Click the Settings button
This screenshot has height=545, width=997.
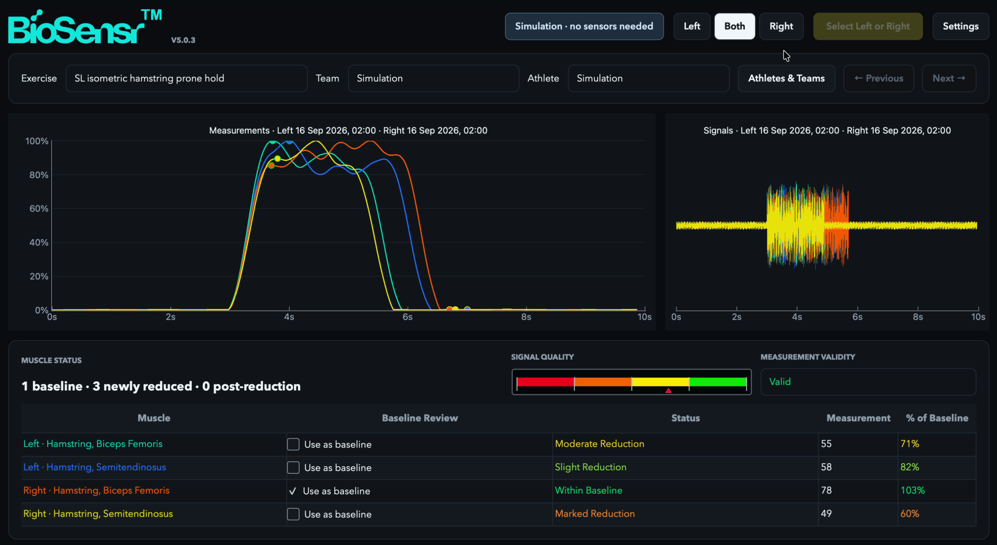(x=960, y=26)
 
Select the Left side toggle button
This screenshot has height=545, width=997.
(x=692, y=26)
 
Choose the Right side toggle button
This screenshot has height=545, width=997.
(x=781, y=26)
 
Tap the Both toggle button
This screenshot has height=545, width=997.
(x=735, y=26)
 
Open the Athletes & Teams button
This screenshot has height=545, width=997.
(x=786, y=78)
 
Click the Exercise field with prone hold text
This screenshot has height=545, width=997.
(x=186, y=78)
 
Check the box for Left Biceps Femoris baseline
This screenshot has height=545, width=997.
(x=293, y=444)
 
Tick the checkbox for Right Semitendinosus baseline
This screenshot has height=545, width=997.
(x=293, y=514)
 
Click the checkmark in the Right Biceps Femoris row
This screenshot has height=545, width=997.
(x=292, y=491)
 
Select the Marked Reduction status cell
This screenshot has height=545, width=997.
(x=595, y=513)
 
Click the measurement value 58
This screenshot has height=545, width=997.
(x=826, y=467)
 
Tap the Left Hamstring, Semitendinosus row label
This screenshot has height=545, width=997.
(x=95, y=467)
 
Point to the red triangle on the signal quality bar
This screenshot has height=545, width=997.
(x=668, y=391)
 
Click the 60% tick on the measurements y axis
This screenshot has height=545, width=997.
(x=39, y=209)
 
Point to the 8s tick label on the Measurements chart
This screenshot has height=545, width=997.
(x=526, y=317)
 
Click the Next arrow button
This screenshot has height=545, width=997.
(x=949, y=78)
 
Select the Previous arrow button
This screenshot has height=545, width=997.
(x=879, y=78)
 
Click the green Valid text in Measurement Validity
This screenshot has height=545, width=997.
(x=780, y=382)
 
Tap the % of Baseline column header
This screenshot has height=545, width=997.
(x=937, y=418)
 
